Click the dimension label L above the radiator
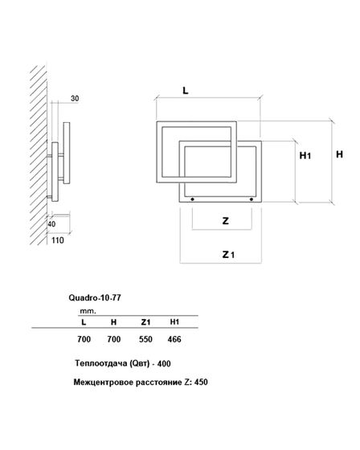(x=186, y=92)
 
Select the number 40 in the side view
(x=53, y=224)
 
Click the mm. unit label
(x=88, y=309)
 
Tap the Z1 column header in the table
(x=145, y=321)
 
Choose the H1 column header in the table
(x=175, y=321)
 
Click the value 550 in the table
(x=145, y=339)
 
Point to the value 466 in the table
(x=175, y=339)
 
